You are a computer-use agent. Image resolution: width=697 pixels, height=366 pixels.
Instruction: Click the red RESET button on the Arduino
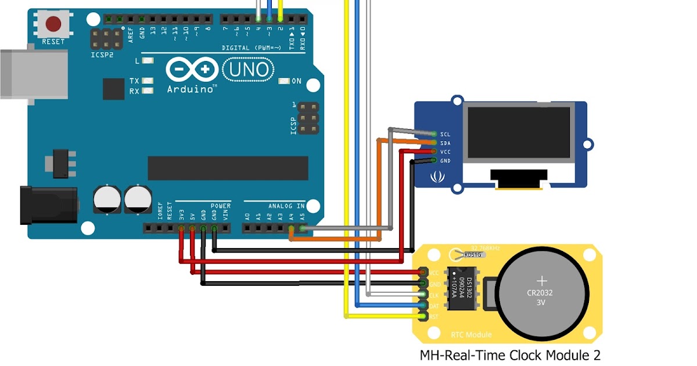tap(54, 24)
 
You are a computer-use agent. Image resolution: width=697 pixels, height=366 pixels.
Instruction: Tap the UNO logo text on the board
tap(249, 70)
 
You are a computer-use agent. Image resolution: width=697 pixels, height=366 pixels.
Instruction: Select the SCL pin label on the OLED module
tap(445, 134)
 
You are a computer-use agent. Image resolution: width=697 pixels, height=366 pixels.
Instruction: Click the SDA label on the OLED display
tap(445, 143)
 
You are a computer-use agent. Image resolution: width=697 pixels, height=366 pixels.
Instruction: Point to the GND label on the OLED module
tap(445, 161)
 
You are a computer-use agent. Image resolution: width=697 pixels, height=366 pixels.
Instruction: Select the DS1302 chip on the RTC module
tap(462, 289)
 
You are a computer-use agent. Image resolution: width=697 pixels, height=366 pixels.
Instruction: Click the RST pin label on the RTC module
tap(433, 316)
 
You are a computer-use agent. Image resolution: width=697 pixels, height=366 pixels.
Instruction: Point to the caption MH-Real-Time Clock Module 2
tap(510, 355)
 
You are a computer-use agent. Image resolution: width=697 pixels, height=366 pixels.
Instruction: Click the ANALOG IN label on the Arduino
tap(286, 206)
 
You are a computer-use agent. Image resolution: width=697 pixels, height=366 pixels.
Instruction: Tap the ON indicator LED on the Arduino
tap(285, 81)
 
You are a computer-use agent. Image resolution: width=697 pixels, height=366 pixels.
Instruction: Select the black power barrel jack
tap(49, 204)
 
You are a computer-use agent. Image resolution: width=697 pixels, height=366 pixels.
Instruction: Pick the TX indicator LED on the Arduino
tap(148, 81)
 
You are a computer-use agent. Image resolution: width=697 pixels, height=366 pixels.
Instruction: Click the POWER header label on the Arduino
tap(221, 206)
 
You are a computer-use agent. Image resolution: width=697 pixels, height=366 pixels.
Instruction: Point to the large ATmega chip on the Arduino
tap(228, 168)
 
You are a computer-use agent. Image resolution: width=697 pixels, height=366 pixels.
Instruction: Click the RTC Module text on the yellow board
tap(471, 335)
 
